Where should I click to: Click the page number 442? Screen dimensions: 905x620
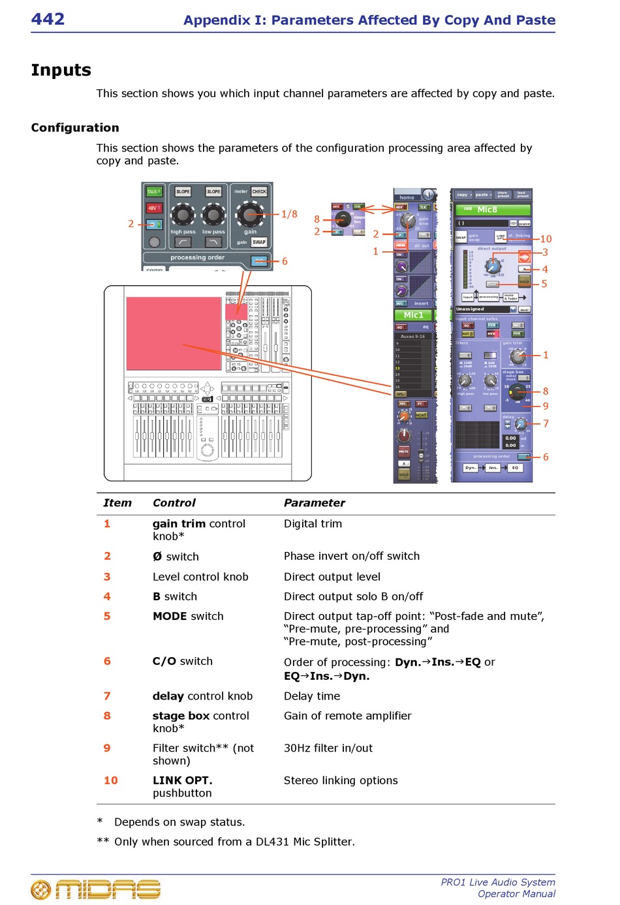tap(48, 19)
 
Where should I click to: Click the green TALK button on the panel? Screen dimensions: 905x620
tap(153, 191)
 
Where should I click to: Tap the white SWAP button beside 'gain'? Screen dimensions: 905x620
tap(259, 242)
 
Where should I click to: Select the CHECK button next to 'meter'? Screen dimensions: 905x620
tap(259, 192)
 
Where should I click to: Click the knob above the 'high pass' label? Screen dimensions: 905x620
tap(183, 214)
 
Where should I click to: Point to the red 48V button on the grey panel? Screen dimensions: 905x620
tap(153, 208)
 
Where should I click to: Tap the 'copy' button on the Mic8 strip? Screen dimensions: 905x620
tap(463, 194)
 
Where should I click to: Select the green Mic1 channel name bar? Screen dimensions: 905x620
tap(414, 315)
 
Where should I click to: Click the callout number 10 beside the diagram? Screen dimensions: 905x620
tap(546, 239)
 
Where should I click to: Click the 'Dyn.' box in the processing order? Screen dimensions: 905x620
tap(471, 468)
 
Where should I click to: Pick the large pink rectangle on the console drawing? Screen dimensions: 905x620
tap(174, 333)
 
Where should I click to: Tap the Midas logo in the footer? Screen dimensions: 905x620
tap(96, 889)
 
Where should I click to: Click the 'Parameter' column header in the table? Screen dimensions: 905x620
tap(314, 503)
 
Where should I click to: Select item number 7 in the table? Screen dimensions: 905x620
tap(107, 696)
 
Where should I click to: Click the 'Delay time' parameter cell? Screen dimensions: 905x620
tap(311, 696)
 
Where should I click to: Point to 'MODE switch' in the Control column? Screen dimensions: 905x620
tap(188, 616)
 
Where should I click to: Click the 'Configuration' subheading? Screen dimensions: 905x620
tap(75, 128)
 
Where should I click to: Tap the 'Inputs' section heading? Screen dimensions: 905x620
tap(61, 70)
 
